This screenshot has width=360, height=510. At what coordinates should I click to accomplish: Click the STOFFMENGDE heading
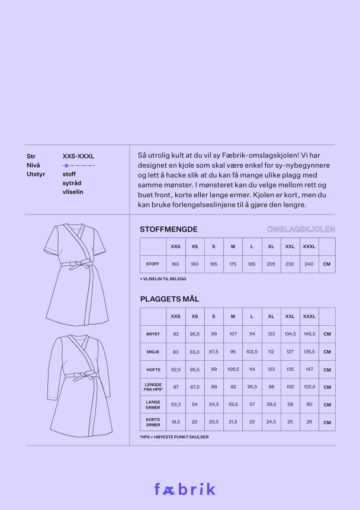[x=168, y=229]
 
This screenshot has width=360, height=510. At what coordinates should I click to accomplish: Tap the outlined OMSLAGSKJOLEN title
[x=301, y=229]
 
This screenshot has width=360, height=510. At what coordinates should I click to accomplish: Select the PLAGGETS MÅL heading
[x=169, y=299]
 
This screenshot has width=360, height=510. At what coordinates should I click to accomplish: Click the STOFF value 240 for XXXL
[x=309, y=264]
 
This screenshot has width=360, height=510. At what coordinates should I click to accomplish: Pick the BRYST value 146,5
[x=309, y=334]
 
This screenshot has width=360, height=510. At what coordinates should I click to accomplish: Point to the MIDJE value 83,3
[x=195, y=352]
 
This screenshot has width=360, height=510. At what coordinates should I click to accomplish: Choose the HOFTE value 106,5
[x=233, y=369]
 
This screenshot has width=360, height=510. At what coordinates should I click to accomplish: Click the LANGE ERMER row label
[x=153, y=405]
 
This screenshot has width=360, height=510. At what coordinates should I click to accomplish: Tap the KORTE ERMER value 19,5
[x=175, y=422]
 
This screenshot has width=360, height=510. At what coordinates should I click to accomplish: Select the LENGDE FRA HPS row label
[x=153, y=387]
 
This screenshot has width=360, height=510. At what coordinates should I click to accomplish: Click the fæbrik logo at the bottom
[x=185, y=489]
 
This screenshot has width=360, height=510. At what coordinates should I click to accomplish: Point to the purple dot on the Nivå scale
[x=66, y=166]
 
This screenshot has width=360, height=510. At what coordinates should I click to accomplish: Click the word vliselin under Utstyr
[x=73, y=192]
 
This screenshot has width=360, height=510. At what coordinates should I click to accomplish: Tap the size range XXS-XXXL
[x=78, y=156]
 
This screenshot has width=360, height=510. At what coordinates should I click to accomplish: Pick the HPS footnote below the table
[x=174, y=437]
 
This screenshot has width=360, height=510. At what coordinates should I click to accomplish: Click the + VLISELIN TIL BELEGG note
[x=163, y=278]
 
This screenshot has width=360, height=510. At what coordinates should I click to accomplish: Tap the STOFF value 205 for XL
[x=271, y=264]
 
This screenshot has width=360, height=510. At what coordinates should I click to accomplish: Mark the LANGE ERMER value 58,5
[x=271, y=405]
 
